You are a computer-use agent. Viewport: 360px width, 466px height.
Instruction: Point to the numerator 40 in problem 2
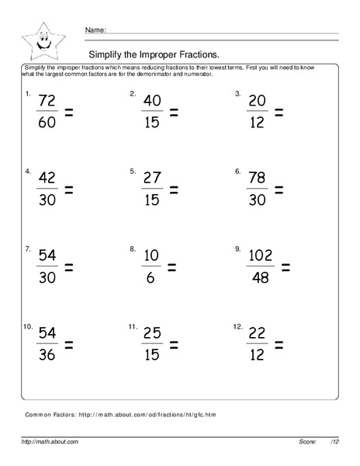coord(152,102)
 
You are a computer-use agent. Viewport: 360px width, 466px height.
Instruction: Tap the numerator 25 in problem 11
coord(152,335)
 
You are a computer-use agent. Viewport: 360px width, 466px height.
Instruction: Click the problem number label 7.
coord(28,249)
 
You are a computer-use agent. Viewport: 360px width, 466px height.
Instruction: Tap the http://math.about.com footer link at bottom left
coord(50,441)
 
